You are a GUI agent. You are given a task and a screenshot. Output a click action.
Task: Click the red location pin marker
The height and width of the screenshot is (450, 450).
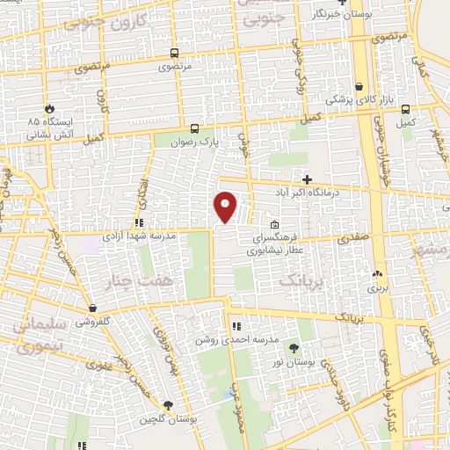pos(226,207)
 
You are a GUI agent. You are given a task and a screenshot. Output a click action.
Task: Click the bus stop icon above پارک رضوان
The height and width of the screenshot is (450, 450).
pos(193,127)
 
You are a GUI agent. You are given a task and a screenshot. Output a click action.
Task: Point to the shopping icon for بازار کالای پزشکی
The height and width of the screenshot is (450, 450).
pos(359,87)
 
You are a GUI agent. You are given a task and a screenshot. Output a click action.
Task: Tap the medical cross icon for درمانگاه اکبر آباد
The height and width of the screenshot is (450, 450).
pos(307,179)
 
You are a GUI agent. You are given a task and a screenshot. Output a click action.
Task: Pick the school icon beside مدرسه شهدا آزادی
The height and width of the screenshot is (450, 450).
pos(139,222)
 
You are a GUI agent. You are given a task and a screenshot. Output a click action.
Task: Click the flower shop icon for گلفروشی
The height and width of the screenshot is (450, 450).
pos(92,308)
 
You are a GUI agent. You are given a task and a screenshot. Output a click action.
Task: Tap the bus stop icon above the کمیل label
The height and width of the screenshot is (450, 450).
pos(404,109)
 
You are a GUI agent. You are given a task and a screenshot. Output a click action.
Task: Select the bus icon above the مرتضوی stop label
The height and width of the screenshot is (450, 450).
pos(175,53)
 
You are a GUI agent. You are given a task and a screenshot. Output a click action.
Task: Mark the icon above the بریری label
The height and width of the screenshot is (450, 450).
pos(376,274)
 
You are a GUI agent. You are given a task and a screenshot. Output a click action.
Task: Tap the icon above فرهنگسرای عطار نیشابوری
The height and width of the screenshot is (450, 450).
pos(275,223)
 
